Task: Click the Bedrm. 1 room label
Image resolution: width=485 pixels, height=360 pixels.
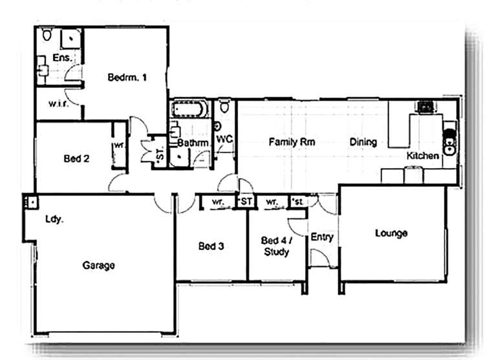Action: [127, 78]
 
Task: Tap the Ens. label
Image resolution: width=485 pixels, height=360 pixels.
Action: [61, 58]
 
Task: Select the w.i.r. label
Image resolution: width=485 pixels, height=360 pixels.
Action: [59, 104]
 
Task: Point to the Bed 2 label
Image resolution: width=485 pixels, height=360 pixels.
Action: [76, 158]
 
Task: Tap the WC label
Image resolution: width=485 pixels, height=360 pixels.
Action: [224, 139]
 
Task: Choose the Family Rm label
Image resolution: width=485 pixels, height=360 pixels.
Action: [292, 142]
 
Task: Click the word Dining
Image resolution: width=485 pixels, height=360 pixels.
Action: [363, 142]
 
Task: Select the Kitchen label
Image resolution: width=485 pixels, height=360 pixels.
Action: [423, 156]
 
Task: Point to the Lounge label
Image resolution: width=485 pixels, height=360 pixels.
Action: [391, 233]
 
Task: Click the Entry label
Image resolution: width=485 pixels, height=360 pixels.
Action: [322, 237]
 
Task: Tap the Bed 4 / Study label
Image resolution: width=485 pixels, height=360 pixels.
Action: [276, 246]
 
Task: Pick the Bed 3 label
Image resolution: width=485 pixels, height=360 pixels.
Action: [211, 246]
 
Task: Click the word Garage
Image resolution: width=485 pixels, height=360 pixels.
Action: [99, 265]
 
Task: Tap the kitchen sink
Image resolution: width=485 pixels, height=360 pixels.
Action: [447, 143]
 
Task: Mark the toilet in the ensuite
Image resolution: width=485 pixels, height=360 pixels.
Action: [46, 36]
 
